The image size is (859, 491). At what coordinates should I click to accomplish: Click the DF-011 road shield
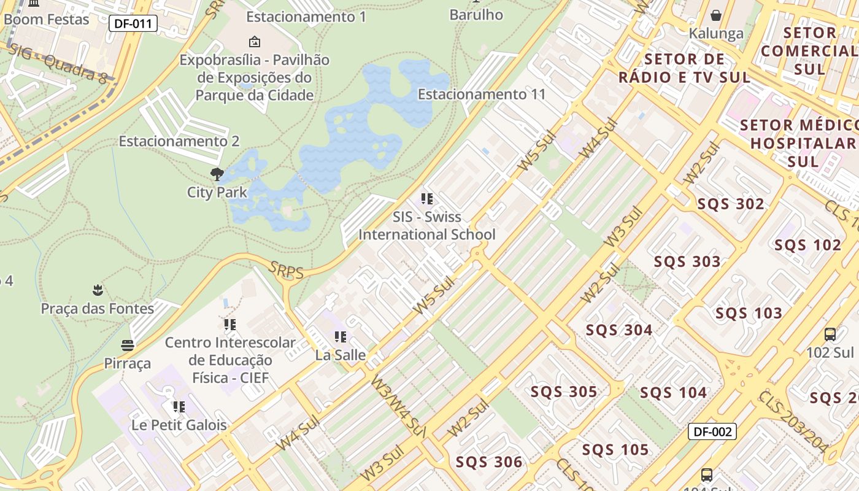pyautogui.click(x=133, y=24)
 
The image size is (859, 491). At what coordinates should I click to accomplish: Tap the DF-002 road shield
pyautogui.click(x=712, y=431)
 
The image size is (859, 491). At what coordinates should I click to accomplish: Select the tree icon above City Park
pyautogui.click(x=217, y=174)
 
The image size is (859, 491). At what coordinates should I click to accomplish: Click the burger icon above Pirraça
pyautogui.click(x=128, y=346)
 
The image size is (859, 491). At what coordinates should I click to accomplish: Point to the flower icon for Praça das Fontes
pyautogui.click(x=97, y=290)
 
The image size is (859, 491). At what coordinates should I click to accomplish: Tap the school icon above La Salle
pyautogui.click(x=341, y=337)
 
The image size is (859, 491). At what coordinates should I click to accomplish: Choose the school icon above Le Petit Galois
pyautogui.click(x=179, y=407)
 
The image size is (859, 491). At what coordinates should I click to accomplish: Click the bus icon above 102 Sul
pyautogui.click(x=830, y=334)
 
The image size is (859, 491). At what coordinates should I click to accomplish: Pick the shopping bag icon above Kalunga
pyautogui.click(x=715, y=15)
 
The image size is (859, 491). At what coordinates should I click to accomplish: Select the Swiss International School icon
pyautogui.click(x=427, y=199)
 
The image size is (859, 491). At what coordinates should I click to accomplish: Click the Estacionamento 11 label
pyautogui.click(x=482, y=95)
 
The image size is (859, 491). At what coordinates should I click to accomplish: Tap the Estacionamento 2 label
pyautogui.click(x=179, y=141)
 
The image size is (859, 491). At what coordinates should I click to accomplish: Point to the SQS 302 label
pyautogui.click(x=730, y=204)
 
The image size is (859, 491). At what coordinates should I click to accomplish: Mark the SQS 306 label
pyautogui.click(x=488, y=462)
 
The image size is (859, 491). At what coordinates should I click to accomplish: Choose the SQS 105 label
pyautogui.click(x=615, y=450)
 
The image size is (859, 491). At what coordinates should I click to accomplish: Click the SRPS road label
pyautogui.click(x=287, y=271)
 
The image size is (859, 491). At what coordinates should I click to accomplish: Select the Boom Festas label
pyautogui.click(x=46, y=19)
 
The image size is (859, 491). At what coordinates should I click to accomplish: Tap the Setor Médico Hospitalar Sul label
pyautogui.click(x=803, y=144)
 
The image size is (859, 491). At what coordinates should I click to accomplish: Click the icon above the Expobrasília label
pyautogui.click(x=254, y=42)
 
